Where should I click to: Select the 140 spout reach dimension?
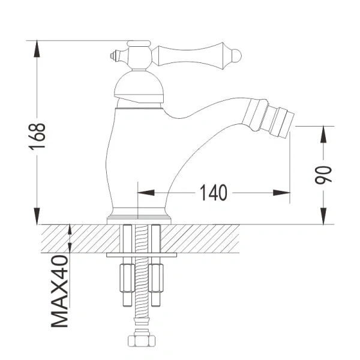214,193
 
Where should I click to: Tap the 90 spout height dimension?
324,175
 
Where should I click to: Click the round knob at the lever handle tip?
236,56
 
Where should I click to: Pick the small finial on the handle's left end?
112,56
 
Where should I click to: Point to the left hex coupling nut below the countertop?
128,275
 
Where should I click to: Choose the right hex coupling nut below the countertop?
156,275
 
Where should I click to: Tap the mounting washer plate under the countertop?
142,254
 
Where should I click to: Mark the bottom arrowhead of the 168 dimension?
38,217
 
